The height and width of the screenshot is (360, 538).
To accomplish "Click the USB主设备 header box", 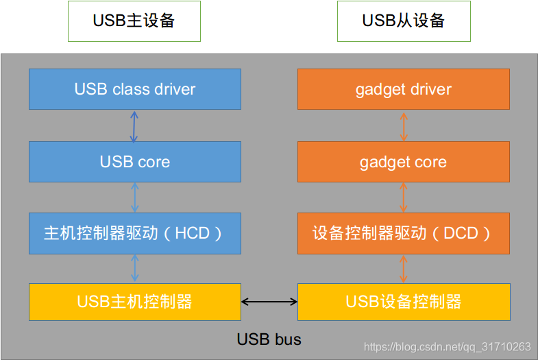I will (134, 21).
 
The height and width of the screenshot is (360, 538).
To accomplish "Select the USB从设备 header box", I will (404, 21).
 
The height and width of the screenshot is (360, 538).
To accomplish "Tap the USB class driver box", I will (135, 89).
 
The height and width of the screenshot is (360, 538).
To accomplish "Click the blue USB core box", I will (135, 162).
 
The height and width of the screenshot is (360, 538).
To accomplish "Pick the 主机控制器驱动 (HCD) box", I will (135, 233).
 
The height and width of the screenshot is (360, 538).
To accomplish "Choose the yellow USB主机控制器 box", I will (135, 301).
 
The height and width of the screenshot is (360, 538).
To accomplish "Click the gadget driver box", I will (404, 89).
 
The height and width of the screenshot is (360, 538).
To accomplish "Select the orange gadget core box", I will (404, 162).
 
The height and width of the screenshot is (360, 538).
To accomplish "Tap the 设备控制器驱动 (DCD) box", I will (404, 233).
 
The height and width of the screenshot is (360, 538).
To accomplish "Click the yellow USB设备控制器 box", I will (404, 301).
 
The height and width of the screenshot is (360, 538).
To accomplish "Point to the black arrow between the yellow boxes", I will (269, 301).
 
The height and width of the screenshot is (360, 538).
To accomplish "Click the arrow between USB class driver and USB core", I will (134, 125).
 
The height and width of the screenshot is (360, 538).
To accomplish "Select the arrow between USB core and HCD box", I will (135, 197).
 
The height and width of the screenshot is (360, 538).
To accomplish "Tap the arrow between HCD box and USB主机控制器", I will (135, 268).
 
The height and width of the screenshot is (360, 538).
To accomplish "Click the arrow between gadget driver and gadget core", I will (404, 125).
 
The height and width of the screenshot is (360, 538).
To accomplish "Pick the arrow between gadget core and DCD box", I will (404, 197).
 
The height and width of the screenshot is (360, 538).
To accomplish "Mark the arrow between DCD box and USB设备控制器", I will (404, 268).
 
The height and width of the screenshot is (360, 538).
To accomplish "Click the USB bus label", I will (269, 339).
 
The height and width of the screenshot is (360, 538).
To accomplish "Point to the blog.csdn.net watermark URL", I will (448, 347).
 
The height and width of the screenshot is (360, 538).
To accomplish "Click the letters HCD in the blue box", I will (192, 233).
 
